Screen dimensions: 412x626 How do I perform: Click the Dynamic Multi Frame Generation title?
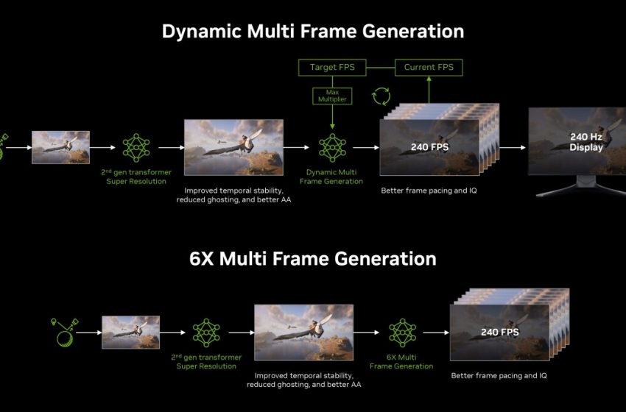[313, 32]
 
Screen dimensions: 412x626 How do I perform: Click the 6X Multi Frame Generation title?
[313, 259]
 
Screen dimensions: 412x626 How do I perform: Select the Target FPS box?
[333, 68]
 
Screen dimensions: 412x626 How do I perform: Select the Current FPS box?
[429, 68]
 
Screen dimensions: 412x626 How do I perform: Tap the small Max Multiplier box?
[332, 96]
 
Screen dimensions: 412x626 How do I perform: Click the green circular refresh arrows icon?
[381, 96]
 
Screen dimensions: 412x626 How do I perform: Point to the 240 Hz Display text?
[585, 142]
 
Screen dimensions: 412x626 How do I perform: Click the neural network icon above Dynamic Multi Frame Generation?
[332, 147]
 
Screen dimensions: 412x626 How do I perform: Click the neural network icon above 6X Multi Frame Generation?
[401, 333]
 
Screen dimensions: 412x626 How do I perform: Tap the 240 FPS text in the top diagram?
[430, 147]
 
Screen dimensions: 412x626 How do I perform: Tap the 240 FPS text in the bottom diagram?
[499, 333]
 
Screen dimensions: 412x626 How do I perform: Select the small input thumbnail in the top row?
[60, 147]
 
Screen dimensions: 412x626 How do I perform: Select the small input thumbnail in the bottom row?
[130, 333]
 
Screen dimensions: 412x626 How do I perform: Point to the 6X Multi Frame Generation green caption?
[401, 361]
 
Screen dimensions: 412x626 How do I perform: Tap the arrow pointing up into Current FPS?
[429, 92]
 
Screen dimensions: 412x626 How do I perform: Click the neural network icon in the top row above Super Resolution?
[136, 147]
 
